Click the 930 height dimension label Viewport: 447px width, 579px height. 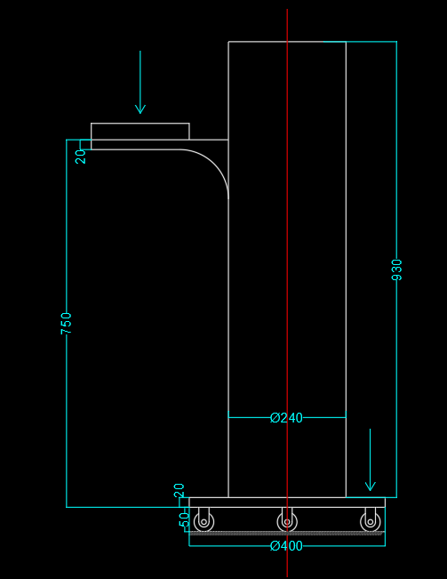(397, 269)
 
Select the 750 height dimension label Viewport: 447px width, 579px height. (67, 324)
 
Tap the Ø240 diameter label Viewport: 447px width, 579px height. (286, 418)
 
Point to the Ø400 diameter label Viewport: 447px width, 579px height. (286, 546)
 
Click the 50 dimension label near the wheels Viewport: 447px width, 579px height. (184, 520)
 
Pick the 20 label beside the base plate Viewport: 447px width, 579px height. (179, 490)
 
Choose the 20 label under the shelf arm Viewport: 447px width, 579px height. (80, 157)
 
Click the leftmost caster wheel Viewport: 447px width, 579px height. (204, 522)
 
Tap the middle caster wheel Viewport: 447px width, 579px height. (287, 522)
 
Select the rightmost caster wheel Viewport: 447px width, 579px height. (371, 522)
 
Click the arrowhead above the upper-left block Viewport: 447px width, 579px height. (140, 109)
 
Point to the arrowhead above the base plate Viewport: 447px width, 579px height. (371, 487)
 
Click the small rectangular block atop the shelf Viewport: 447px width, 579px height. (140, 132)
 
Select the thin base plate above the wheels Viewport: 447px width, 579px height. (287, 503)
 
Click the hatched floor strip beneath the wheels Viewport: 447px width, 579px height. (287, 534)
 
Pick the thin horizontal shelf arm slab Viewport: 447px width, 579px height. (159, 144)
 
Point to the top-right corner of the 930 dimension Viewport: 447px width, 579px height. (397, 42)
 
